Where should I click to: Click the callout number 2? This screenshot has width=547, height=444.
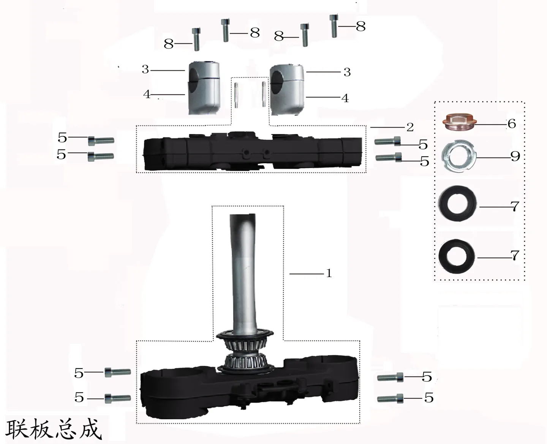pos(410,127)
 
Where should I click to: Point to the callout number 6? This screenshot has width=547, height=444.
pos(512,124)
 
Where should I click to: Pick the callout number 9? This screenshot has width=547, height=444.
pos(515,156)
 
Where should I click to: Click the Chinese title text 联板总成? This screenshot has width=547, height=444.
pos(54,429)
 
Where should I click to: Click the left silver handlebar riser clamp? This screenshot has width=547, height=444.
pos(204,88)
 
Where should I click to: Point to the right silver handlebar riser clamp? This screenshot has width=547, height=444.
pos(287,90)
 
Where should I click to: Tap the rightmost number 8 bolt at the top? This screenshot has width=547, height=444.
pos(334,26)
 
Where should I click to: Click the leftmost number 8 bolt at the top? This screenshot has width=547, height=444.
pos(196,39)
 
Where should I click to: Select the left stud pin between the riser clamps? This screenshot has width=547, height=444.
pos(236,95)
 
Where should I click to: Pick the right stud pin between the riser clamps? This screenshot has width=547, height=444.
pos(264,94)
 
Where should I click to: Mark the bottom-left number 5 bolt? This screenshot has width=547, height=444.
pos(118,398)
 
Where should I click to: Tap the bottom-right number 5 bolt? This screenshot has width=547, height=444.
pos(390,398)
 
